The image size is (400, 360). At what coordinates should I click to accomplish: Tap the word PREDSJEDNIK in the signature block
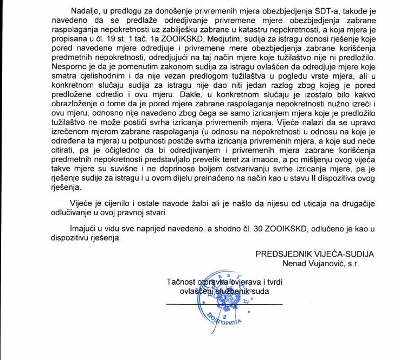pos(282,254)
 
